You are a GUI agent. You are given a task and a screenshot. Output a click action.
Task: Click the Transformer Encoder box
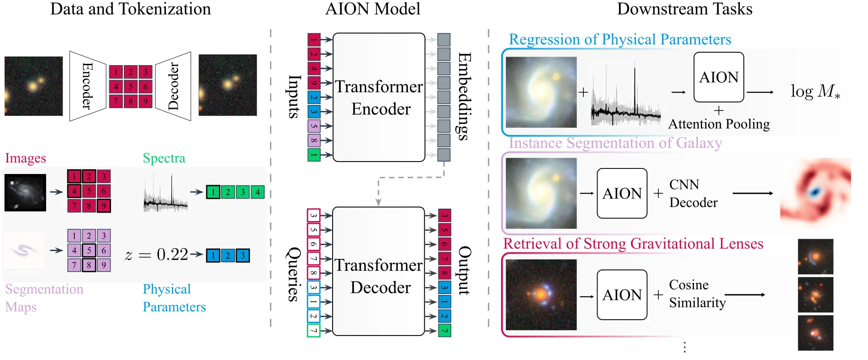tap(379, 97)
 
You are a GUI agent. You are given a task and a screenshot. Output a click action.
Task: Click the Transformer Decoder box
tap(378, 271)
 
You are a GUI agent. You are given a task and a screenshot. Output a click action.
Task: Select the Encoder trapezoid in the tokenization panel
tap(87, 86)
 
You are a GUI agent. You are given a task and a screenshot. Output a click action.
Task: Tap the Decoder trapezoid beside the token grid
tap(173, 86)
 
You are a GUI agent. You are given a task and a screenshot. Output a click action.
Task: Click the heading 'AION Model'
tap(373, 9)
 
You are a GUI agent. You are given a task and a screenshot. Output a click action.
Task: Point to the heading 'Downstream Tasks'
tap(685, 9)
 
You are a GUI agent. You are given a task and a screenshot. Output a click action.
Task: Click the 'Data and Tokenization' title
tap(130, 9)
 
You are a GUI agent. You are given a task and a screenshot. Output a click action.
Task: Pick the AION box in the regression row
tap(719, 77)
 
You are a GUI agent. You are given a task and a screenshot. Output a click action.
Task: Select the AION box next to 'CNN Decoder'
tap(622, 193)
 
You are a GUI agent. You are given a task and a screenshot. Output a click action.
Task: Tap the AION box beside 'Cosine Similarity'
tap(622, 295)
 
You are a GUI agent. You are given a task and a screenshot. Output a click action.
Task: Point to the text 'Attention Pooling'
tap(719, 124)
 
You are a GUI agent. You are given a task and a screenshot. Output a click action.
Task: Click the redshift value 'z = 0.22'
tap(156, 255)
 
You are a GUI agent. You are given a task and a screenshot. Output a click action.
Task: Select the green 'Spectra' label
tap(164, 158)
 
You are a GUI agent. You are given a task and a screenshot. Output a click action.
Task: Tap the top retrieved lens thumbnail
tap(815, 256)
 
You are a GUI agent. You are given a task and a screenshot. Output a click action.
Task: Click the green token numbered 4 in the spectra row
tap(258, 192)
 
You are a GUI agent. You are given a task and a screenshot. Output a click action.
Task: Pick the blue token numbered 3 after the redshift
tap(243, 256)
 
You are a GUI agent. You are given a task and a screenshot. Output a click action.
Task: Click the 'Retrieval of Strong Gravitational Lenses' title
tap(633, 244)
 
